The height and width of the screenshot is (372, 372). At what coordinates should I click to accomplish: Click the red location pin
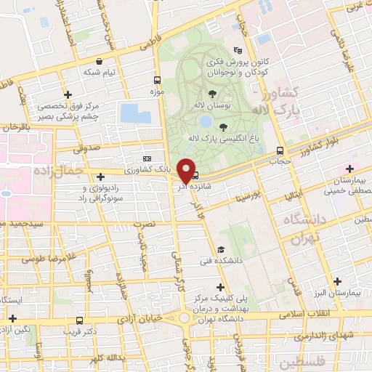tap(186, 170)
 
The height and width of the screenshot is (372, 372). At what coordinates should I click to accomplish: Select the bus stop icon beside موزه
tap(158, 81)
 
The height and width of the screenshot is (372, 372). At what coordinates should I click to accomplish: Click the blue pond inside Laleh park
tap(206, 121)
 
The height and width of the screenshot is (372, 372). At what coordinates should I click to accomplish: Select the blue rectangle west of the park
tap(136, 113)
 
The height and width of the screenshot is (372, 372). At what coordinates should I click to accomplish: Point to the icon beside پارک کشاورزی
tap(147, 158)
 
